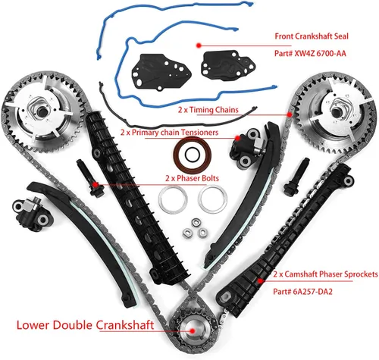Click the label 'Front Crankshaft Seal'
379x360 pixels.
click(312, 36)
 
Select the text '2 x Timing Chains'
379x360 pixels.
click(208, 110)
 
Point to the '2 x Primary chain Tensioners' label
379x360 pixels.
click(169, 133)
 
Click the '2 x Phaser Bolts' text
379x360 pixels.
click(192, 178)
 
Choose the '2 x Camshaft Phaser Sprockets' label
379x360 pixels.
click(325, 274)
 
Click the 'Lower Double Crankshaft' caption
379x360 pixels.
click(85, 325)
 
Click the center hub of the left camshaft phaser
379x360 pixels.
click(41, 111)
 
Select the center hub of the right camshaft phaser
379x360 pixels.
click(337, 111)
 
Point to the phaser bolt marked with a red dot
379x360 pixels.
click(90, 178)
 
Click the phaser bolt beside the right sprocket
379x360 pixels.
click(296, 177)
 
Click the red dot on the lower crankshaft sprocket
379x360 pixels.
click(193, 330)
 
